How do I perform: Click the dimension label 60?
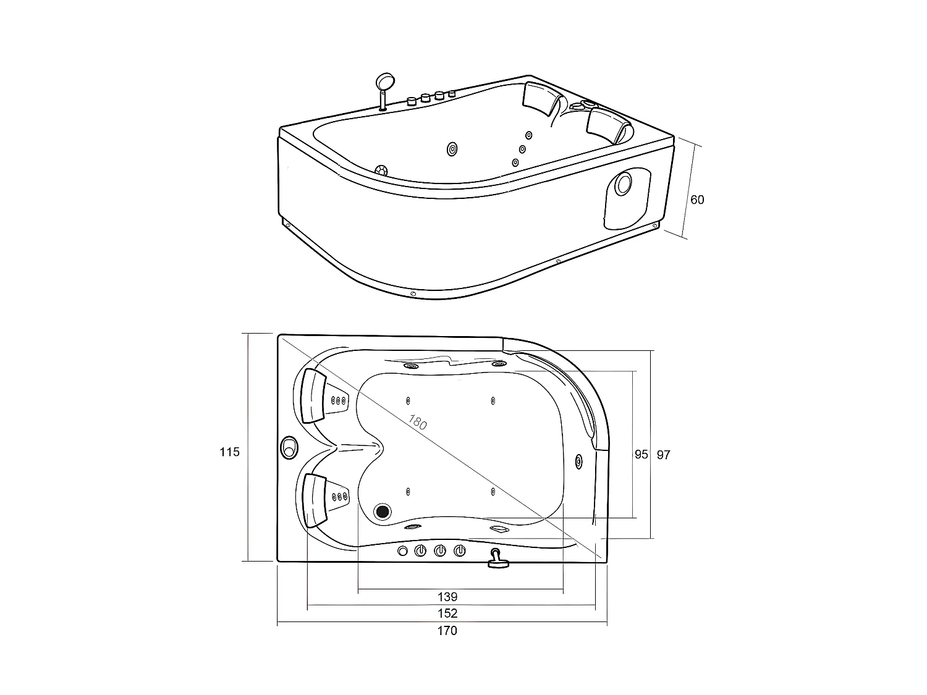[x=697, y=200]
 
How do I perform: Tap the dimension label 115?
[x=229, y=452]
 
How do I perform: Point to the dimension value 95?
[x=641, y=455]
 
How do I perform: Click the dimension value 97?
[x=663, y=455]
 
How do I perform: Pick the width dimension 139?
[x=447, y=597]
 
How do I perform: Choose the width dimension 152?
[x=447, y=613]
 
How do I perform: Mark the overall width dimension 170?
[x=447, y=631]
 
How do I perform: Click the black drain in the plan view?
[x=383, y=511]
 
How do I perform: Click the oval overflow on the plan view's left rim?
[x=289, y=447]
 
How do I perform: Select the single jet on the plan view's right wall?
[x=578, y=460]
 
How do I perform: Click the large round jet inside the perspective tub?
[x=452, y=149]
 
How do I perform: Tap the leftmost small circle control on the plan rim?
[x=402, y=550]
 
